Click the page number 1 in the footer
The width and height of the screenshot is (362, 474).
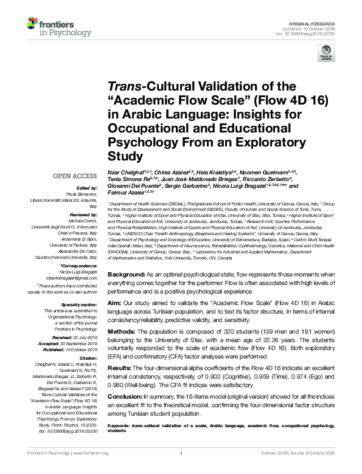tap(181, 453)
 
